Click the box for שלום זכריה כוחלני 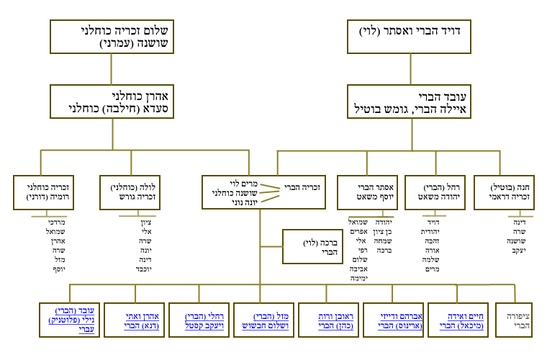coord(111,37)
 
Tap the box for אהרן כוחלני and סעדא coord(112,102)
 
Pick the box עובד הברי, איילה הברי coord(411,102)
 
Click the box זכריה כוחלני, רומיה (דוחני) coord(40,192)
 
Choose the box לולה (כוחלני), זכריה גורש coord(130,192)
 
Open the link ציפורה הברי coord(523,321)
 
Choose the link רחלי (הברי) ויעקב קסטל coord(197,321)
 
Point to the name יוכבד coord(144,269)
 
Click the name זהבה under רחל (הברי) coord(430,241)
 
